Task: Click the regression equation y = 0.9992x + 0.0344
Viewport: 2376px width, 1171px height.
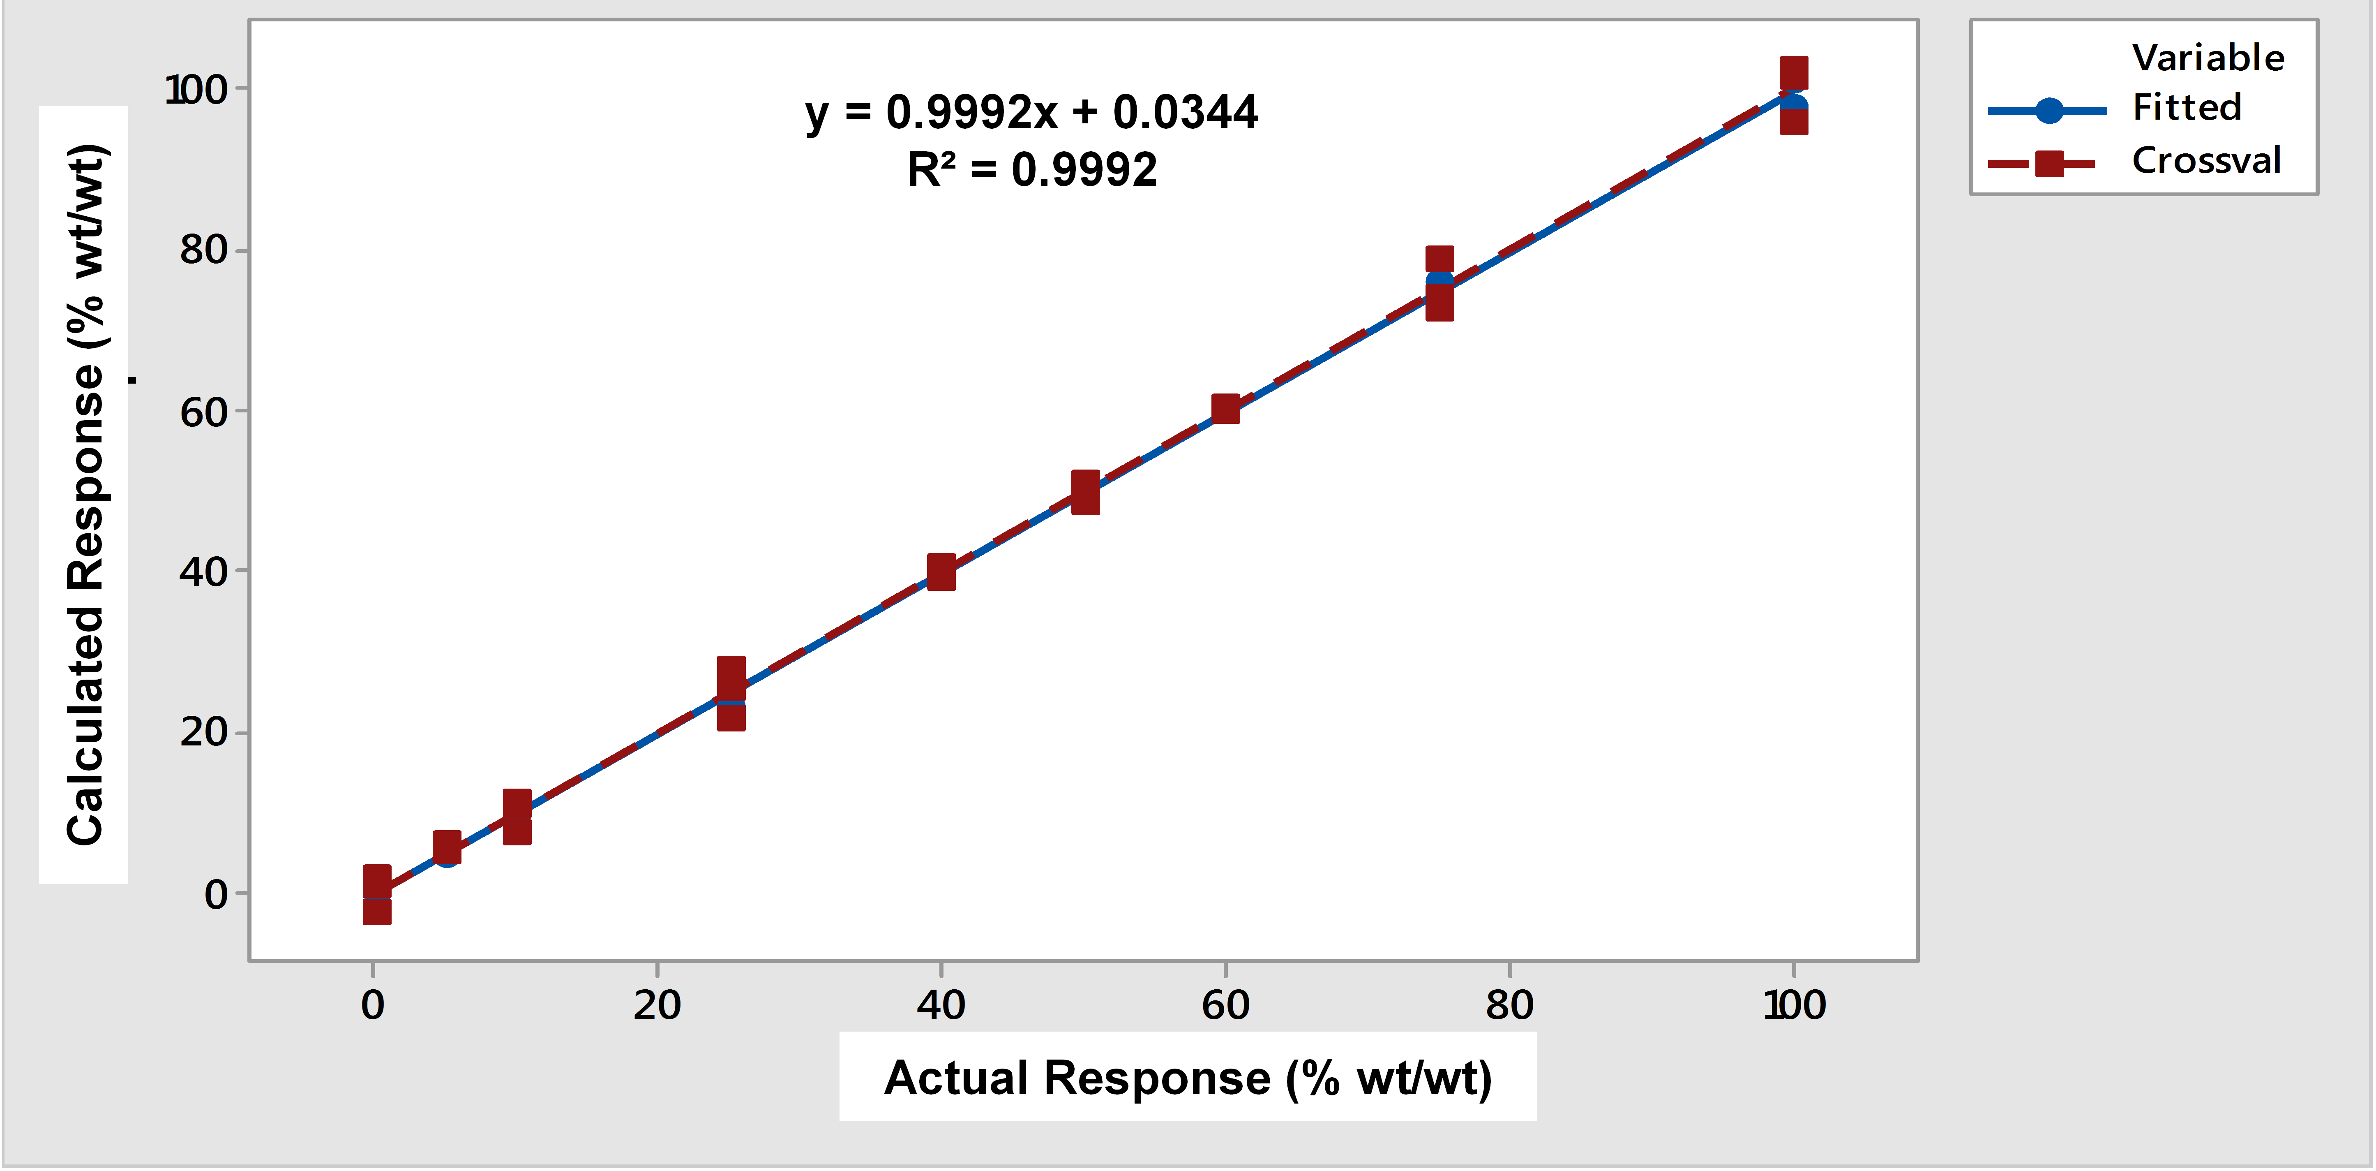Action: [x=1030, y=113]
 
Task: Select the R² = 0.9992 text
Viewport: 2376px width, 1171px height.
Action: [x=1031, y=170]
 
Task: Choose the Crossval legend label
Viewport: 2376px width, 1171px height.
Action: [x=2205, y=161]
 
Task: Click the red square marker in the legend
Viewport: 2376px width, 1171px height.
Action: [x=2048, y=163]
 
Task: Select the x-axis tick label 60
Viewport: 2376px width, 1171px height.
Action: [x=1225, y=1005]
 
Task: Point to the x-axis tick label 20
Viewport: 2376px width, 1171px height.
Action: [x=657, y=1005]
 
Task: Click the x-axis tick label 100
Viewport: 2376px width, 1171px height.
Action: [x=1793, y=1005]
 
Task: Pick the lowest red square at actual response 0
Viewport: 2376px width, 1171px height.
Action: [x=376, y=911]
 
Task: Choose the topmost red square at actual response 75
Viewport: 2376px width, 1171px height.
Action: [x=1439, y=259]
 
